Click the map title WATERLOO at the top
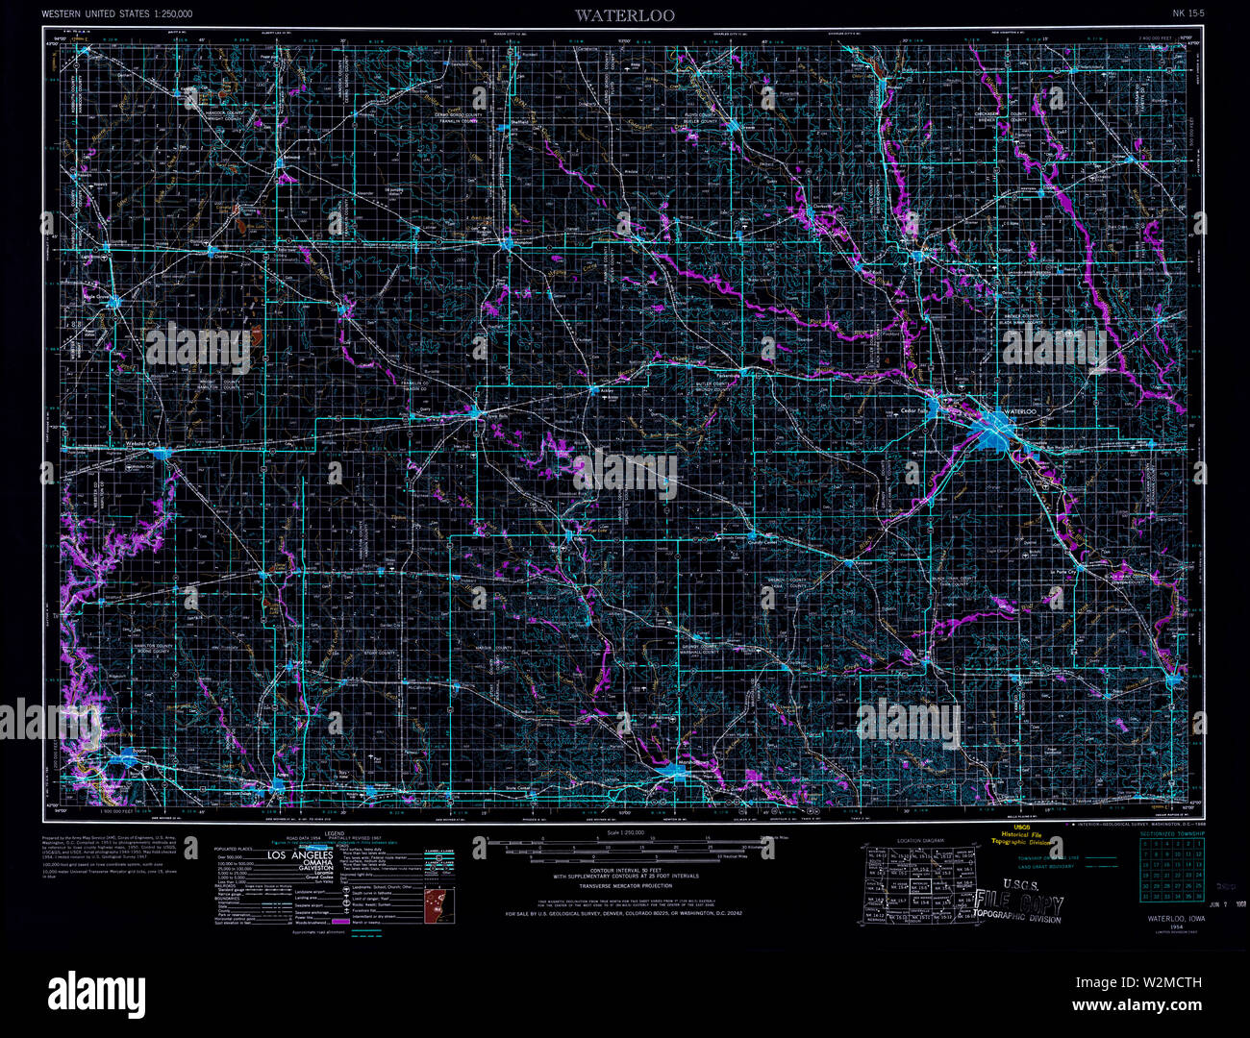pos(625,14)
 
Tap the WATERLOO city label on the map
pos(1018,411)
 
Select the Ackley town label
pos(607,390)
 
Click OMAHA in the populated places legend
pos(309,864)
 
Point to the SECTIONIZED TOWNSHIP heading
pos(1171,833)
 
